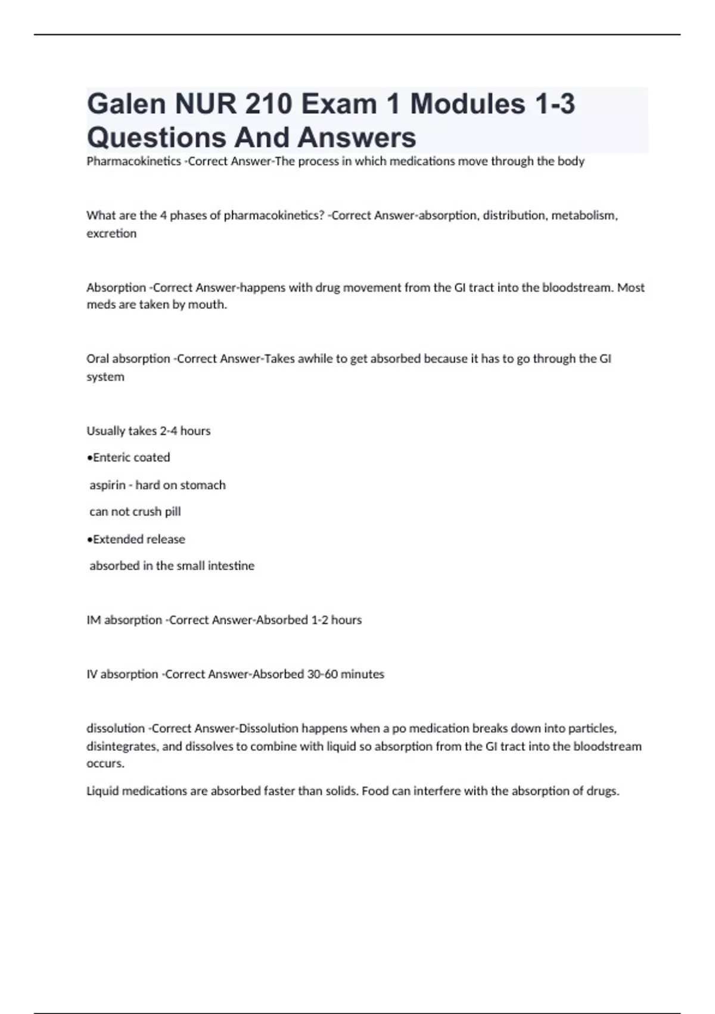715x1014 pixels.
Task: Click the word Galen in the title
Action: tap(126, 104)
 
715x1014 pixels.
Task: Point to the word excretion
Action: tap(111, 233)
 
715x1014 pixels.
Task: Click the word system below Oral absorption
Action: tap(105, 377)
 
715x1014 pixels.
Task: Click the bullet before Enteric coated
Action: tap(89, 457)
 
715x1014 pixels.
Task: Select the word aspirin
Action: tap(107, 485)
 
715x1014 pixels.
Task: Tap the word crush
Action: tap(147, 512)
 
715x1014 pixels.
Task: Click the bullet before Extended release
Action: tap(89, 539)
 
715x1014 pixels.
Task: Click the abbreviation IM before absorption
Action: tap(94, 620)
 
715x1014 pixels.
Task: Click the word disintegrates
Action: tap(122, 746)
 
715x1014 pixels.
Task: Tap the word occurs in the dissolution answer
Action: tap(105, 763)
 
